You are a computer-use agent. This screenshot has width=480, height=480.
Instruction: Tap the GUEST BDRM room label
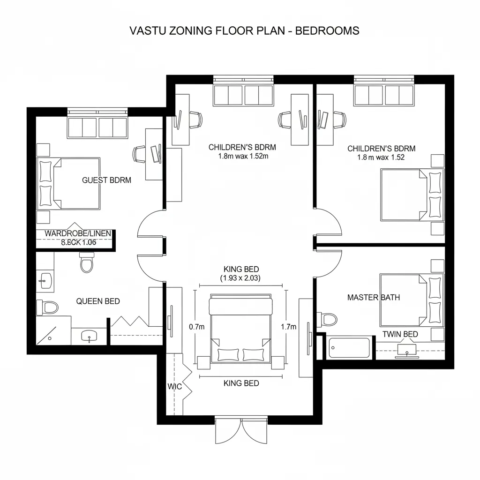(106, 180)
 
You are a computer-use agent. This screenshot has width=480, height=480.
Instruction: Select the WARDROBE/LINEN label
(77, 233)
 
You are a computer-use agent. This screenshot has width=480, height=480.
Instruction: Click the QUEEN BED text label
(98, 301)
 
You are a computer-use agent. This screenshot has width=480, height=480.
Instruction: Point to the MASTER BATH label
(374, 297)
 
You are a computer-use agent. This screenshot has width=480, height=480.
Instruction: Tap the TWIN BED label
(400, 334)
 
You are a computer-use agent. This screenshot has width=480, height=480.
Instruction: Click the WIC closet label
(174, 387)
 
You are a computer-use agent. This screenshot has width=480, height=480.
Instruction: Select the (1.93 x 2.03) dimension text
(240, 278)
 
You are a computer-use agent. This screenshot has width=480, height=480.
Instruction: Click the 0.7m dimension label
(197, 327)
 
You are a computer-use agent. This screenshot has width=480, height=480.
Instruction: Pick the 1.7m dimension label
(288, 327)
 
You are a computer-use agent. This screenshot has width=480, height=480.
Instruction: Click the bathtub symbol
(348, 348)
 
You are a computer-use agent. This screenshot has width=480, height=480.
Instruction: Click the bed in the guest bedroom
(69, 183)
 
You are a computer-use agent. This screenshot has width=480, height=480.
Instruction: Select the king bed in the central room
(240, 329)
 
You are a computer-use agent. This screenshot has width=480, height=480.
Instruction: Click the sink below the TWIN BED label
(406, 350)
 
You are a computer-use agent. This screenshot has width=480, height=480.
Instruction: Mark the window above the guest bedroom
(97, 112)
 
